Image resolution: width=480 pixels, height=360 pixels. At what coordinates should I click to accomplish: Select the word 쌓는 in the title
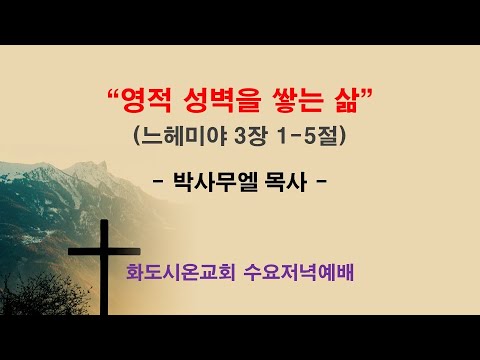point(286,102)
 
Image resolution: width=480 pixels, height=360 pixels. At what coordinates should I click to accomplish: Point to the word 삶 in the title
point(338,102)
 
